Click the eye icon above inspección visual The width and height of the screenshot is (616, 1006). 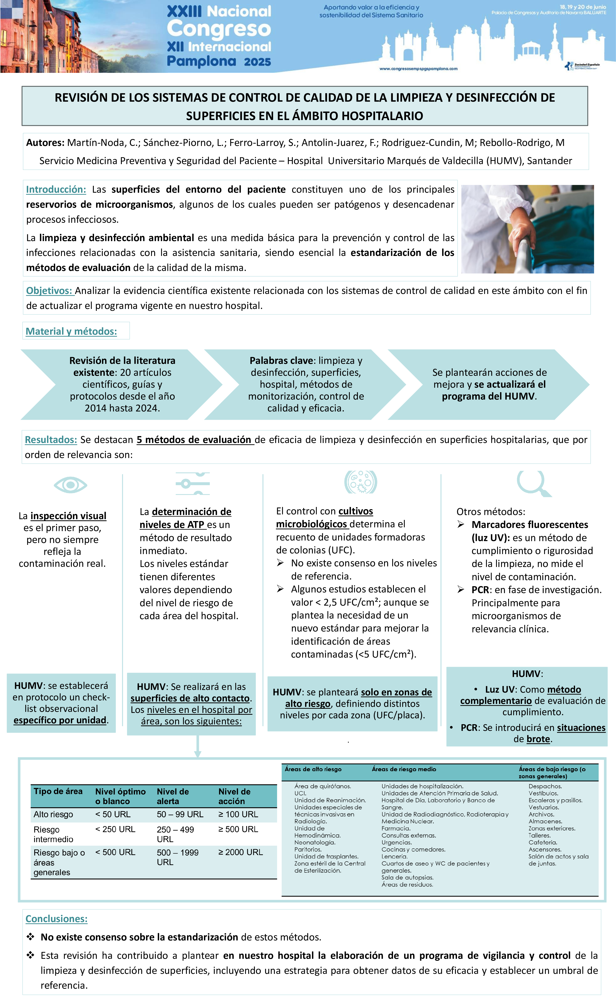pos(70,485)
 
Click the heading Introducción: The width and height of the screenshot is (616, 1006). pos(56,189)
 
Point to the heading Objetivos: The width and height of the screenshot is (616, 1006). pos(49,291)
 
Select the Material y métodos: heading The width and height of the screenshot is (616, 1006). pos(71,331)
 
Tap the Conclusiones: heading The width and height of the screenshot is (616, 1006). pos(56,919)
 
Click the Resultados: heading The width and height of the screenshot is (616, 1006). pos(51,440)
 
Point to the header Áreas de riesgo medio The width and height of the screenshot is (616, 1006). pos(404,769)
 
